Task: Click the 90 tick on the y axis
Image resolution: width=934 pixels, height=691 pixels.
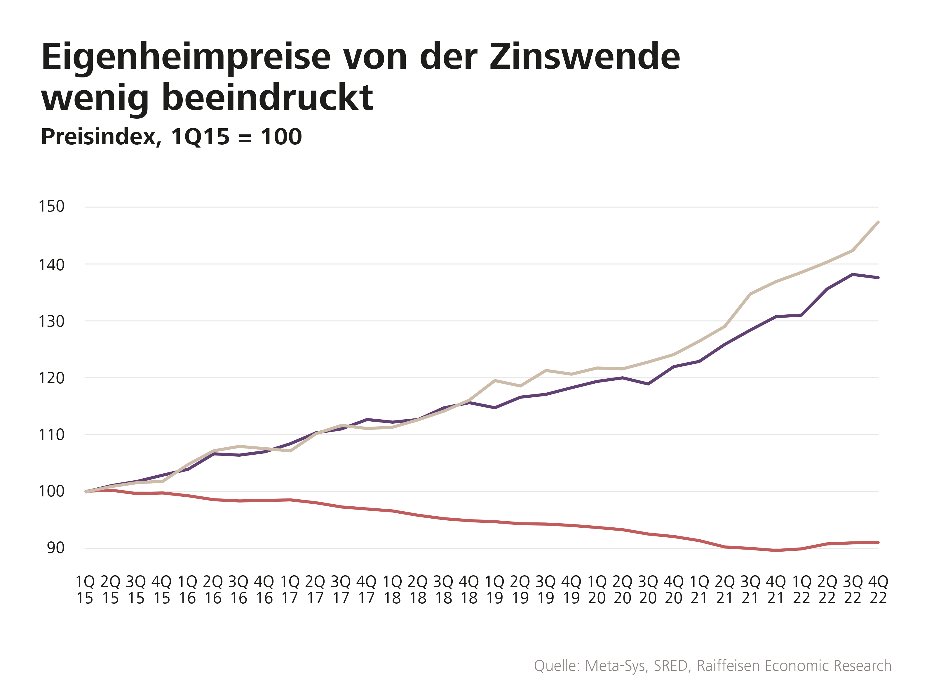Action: [55, 548]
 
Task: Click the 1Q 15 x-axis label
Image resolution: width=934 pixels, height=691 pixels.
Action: [85, 590]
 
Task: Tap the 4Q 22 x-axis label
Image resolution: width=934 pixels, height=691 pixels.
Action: [878, 590]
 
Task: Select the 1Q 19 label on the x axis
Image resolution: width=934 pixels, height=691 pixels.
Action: [494, 590]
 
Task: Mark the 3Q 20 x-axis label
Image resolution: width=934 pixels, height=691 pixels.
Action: [648, 590]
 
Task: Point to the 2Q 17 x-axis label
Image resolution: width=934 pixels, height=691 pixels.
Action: [315, 590]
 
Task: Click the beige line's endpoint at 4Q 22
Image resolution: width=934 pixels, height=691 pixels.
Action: [878, 222]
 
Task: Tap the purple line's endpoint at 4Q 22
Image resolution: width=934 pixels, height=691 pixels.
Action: [878, 277]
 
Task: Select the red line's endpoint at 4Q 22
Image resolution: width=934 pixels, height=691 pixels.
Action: [878, 543]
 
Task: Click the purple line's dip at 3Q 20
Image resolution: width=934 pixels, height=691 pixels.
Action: [648, 384]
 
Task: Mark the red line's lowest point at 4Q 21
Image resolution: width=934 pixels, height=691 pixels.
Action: [776, 550]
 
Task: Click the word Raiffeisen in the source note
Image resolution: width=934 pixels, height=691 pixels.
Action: [729, 666]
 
